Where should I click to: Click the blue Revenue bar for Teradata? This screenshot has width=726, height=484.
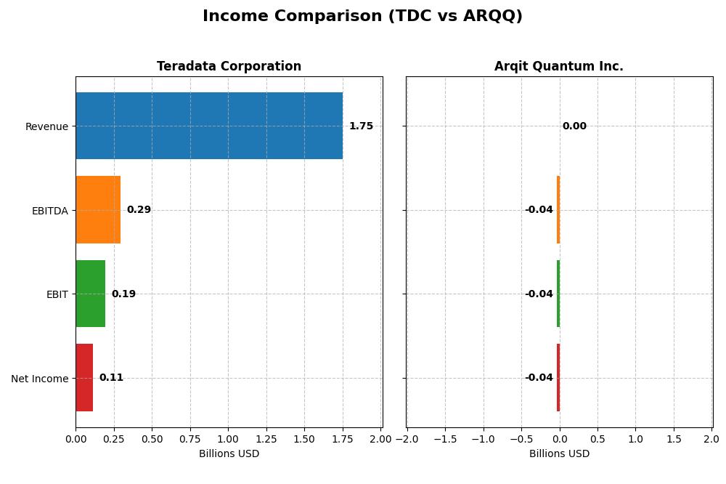pos(209,126)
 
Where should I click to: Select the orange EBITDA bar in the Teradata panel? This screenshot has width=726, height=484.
pos(98,210)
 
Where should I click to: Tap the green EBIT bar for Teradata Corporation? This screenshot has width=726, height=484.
pos(90,294)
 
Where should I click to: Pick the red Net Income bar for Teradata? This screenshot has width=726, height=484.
pos(84,378)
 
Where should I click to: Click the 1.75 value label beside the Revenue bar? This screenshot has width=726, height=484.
pos(361,126)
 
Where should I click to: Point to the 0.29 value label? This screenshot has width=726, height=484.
pos(139,210)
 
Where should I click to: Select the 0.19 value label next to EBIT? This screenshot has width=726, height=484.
pos(123,294)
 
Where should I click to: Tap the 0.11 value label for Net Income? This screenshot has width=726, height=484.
pos(111,378)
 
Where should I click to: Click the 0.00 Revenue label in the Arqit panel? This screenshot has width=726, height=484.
pos(574,126)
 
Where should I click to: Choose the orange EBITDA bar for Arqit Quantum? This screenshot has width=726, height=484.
pos(558,210)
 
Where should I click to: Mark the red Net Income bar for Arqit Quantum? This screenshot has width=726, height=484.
pos(558,378)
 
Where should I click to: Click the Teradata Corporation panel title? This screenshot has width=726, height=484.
pos(229,67)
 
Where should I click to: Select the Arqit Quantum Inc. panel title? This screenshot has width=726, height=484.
pos(559,67)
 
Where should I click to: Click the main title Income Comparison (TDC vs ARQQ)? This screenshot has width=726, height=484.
pos(362,17)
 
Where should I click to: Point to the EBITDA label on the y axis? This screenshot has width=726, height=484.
pos(50,211)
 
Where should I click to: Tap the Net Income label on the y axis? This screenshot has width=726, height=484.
pos(40,379)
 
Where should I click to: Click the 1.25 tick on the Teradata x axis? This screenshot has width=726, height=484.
pos(266,439)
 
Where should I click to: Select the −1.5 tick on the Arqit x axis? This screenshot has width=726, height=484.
pos(444,439)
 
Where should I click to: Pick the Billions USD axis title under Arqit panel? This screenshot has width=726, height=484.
pos(559,454)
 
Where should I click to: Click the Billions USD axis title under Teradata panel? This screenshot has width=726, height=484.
pos(229,454)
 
